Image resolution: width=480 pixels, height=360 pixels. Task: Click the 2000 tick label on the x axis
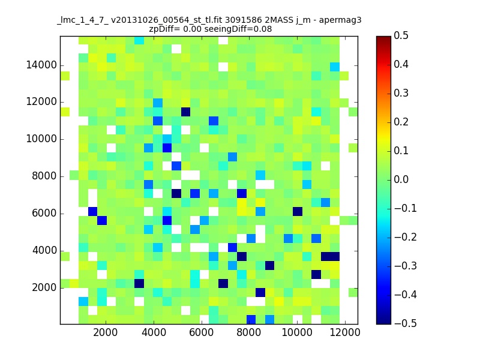click(x=106, y=332)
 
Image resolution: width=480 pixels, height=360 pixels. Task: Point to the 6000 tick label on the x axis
click(x=201, y=332)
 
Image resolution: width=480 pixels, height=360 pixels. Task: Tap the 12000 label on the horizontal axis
click(x=345, y=332)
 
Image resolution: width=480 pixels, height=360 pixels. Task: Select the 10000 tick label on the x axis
click(x=297, y=332)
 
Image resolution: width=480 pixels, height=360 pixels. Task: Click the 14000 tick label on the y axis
click(x=41, y=65)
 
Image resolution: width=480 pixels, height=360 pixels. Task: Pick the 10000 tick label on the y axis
click(x=41, y=139)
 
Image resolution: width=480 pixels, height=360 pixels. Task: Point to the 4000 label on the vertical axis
click(x=44, y=250)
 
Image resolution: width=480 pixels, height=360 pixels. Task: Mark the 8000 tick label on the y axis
click(x=44, y=176)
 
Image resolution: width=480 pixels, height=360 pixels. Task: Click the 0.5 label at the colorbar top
click(x=401, y=35)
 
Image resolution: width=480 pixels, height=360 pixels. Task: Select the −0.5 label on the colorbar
click(x=406, y=323)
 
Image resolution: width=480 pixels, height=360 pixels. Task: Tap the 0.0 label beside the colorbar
click(x=401, y=179)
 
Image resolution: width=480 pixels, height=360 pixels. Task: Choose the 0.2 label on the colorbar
click(x=401, y=122)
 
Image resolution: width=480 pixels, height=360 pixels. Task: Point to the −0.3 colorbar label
click(x=406, y=266)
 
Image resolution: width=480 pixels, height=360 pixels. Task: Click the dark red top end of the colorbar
click(x=383, y=38)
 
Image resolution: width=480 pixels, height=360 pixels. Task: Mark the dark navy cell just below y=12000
click(x=185, y=112)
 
